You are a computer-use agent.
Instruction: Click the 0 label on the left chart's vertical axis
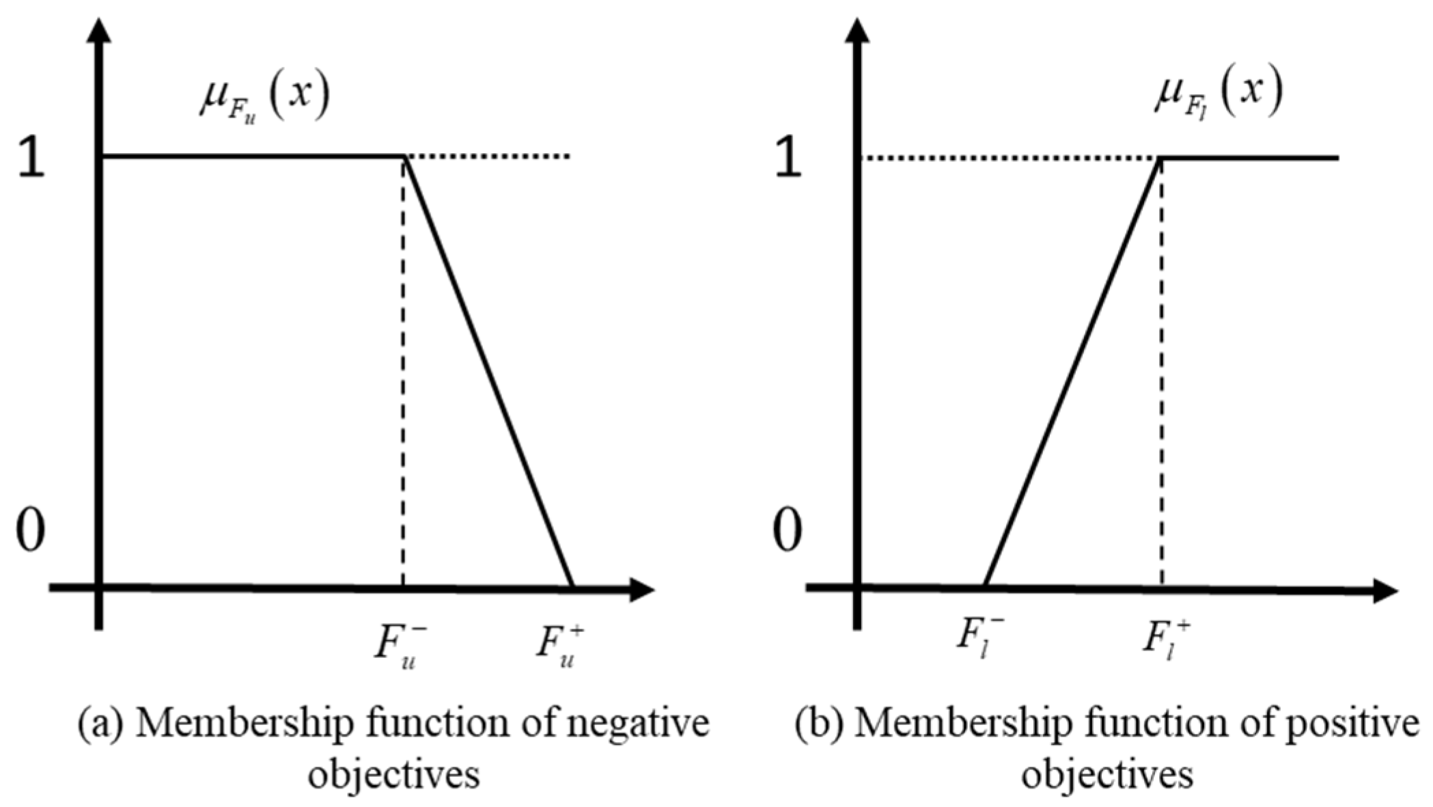click(x=31, y=531)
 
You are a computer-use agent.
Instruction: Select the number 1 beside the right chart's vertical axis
click(x=789, y=161)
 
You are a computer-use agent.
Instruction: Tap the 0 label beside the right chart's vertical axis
click(x=788, y=531)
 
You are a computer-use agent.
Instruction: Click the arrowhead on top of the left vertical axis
click(x=100, y=31)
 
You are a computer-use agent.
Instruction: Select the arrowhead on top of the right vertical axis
click(x=857, y=31)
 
